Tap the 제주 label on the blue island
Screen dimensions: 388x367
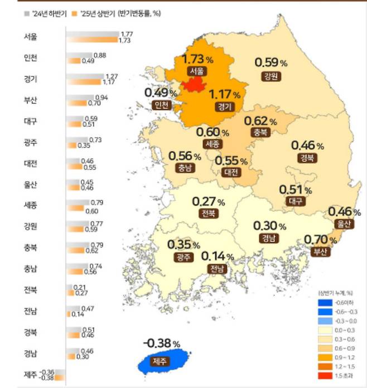167,359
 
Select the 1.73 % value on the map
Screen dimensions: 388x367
198,59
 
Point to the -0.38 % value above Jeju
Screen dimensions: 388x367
161,343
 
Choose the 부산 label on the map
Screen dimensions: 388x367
321,251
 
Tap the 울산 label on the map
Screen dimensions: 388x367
345,224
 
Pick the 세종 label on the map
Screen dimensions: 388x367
213,144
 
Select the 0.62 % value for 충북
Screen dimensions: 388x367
260,120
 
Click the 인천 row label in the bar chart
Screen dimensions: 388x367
31,58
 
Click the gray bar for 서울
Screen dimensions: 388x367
93,35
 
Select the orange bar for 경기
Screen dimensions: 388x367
84,82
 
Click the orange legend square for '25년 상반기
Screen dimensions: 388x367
74,12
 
